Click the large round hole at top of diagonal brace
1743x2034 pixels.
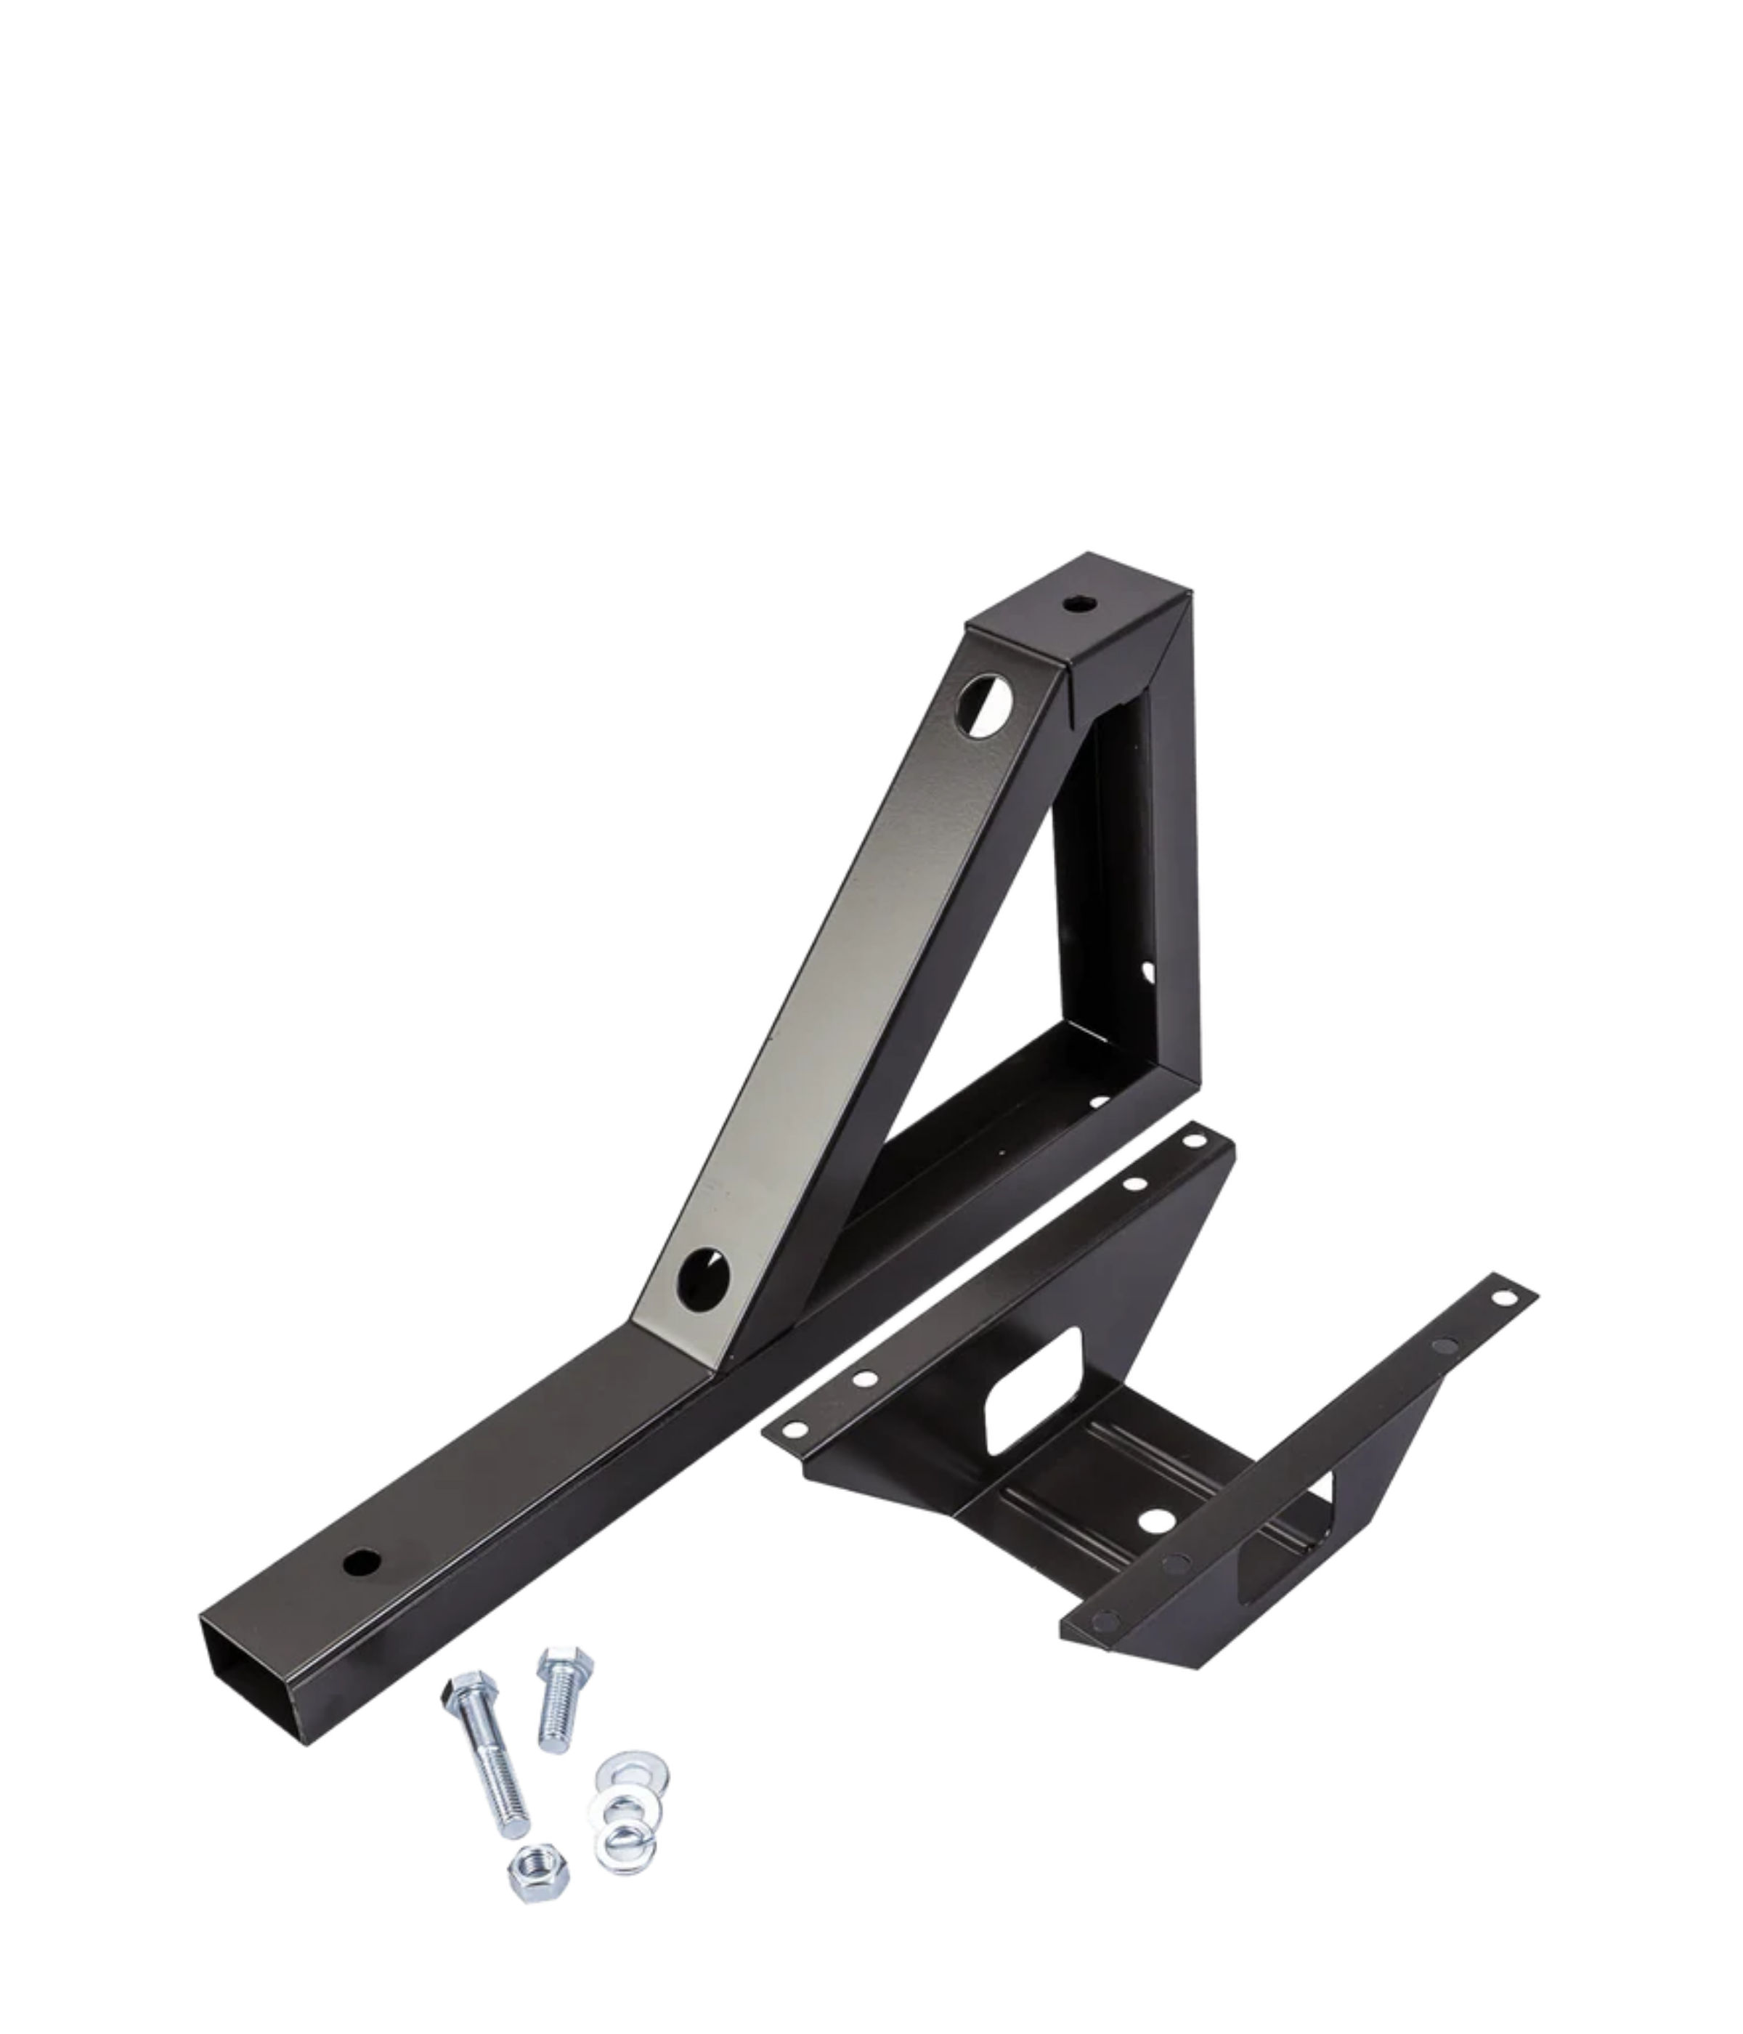click(983, 704)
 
